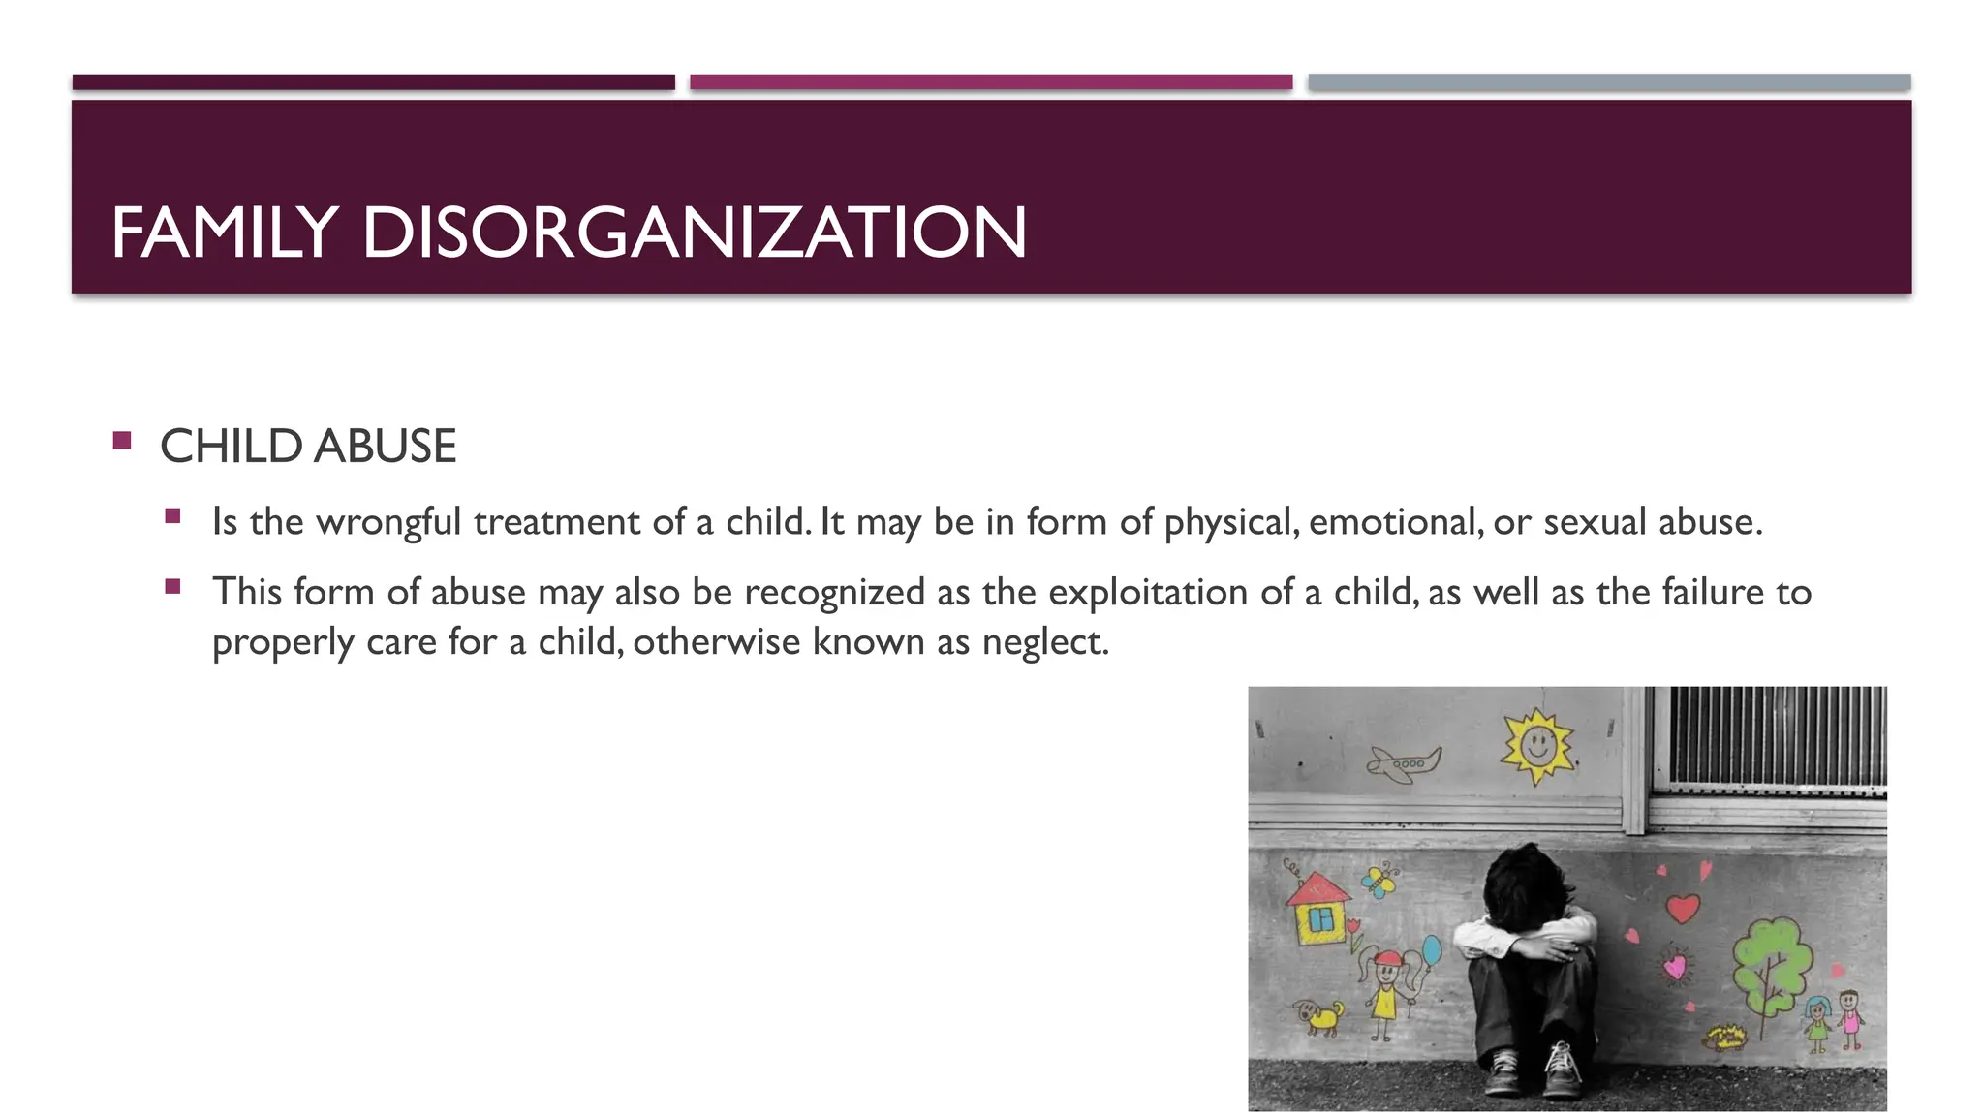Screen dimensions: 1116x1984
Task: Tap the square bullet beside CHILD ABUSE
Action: (122, 442)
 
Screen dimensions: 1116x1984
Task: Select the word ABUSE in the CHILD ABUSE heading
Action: (385, 447)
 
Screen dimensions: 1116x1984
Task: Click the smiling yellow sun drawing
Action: (1537, 746)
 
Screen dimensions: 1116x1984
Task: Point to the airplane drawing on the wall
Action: (1404, 763)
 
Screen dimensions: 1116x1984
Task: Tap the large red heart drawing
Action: (1683, 908)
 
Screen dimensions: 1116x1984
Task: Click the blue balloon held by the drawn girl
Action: (1431, 949)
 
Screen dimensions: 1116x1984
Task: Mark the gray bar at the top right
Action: (1609, 82)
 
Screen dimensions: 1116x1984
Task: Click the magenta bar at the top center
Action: (991, 82)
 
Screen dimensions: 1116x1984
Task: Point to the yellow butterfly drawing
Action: (1379, 881)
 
